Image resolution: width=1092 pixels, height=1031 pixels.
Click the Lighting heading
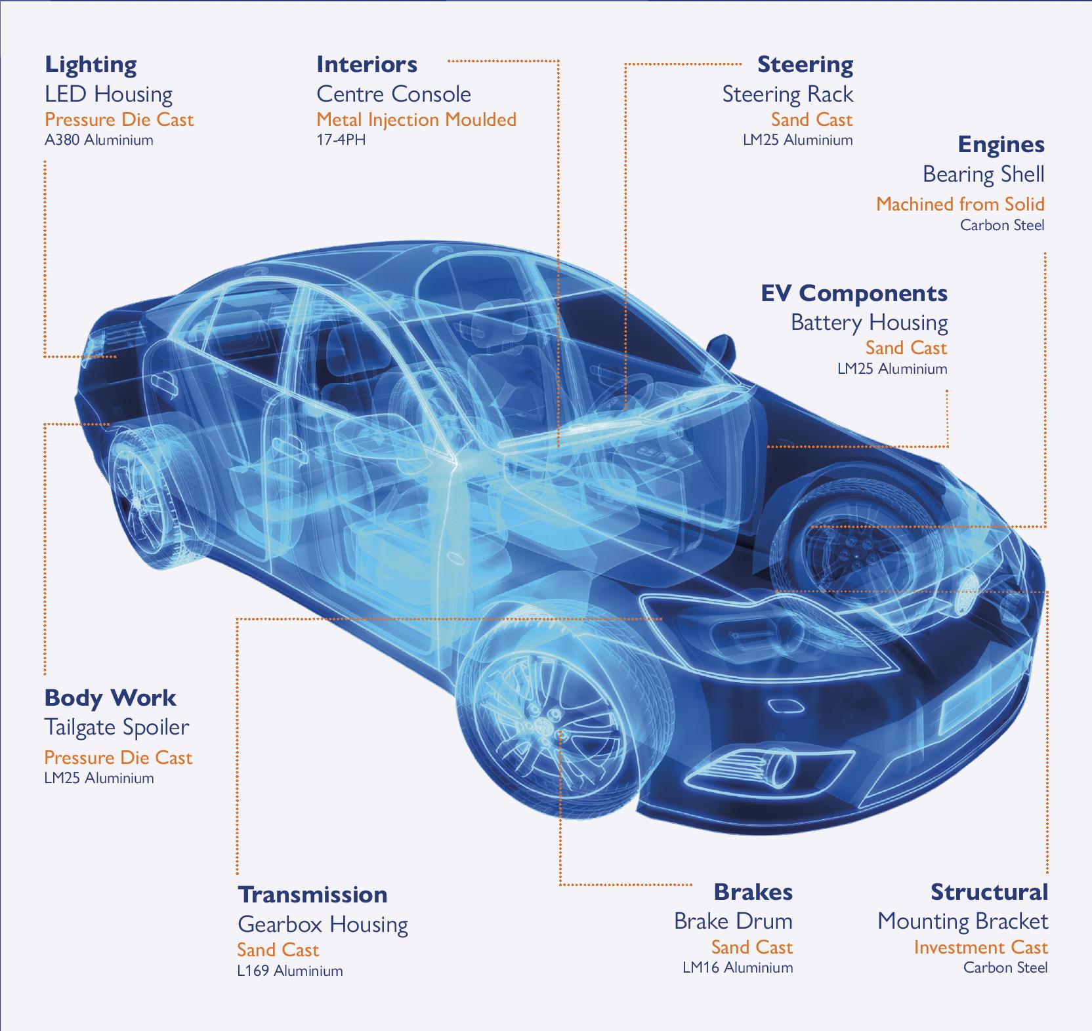pos(91,65)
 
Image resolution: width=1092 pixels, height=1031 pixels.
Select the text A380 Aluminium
pos(98,140)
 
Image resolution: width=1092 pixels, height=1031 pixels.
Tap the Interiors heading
pos(366,65)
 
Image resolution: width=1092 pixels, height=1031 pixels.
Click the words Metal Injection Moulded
pos(416,119)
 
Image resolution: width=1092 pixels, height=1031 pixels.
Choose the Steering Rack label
pos(787,94)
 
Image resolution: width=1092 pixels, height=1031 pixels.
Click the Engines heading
pos(1001,145)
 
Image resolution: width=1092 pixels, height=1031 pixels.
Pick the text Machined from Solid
pos(960,204)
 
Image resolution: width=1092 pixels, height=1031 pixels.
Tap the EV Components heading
pos(854,293)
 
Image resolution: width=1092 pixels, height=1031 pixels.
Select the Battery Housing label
pos(869,323)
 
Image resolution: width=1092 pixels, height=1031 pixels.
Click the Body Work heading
pos(110,698)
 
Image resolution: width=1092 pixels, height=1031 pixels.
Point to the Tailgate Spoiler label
pos(116,727)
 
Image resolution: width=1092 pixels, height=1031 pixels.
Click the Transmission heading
pos(312,895)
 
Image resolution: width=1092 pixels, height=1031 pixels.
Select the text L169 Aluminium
pos(290,971)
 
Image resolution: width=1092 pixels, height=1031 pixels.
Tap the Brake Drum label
pos(733,921)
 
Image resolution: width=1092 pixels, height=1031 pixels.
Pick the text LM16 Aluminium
pos(738,967)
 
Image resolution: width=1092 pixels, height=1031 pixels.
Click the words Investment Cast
pos(980,948)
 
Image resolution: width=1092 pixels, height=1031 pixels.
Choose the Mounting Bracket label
pos(963,921)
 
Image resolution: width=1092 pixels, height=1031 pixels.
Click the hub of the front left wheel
pos(543,723)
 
